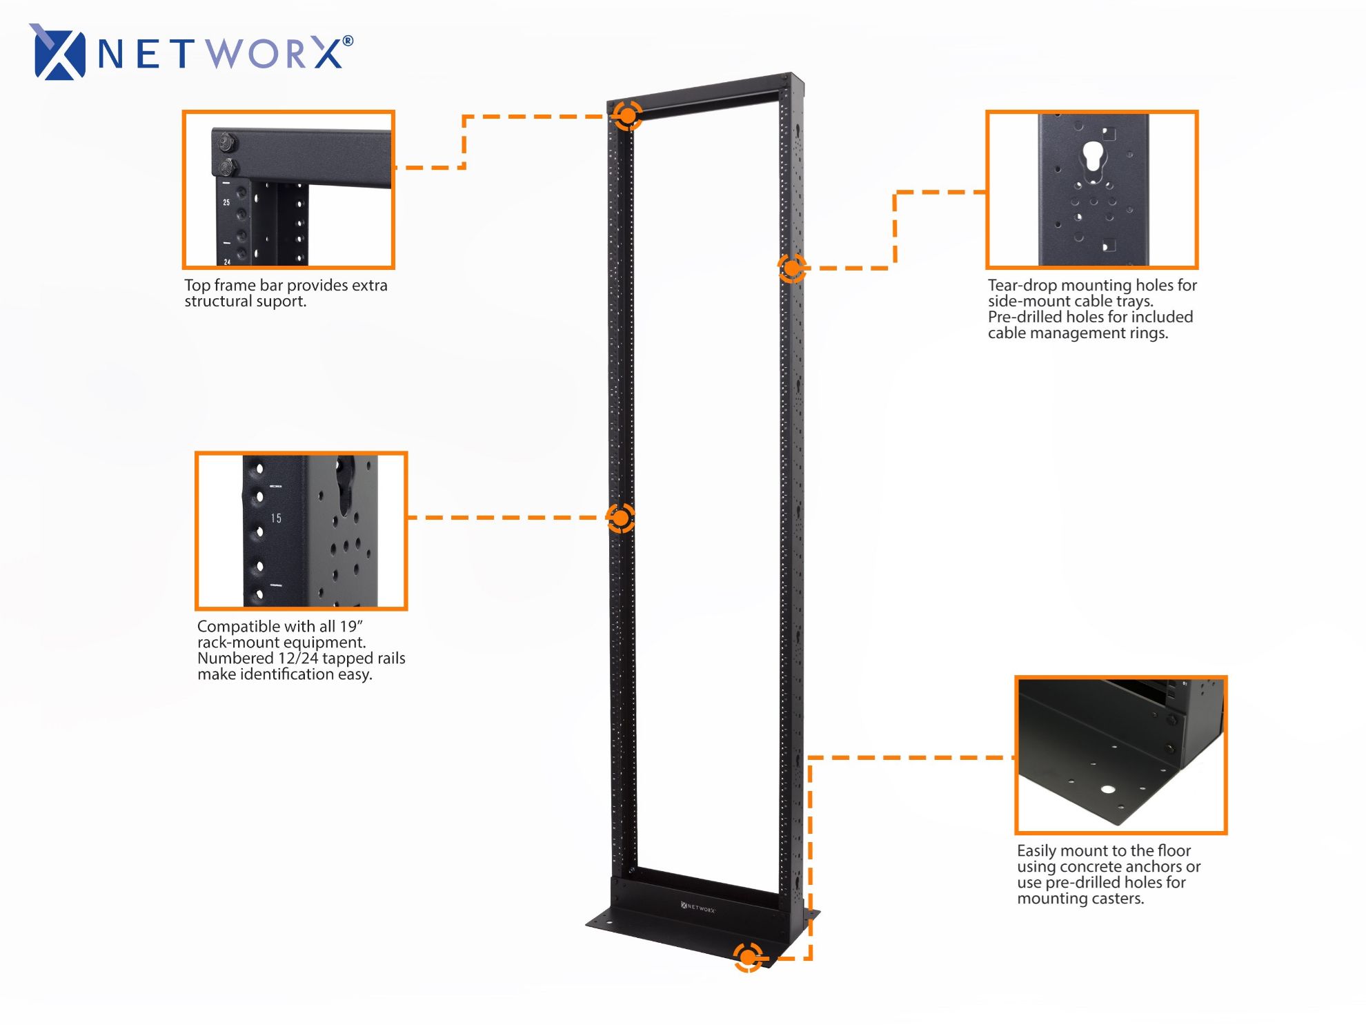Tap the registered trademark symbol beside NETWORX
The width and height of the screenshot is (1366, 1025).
point(348,41)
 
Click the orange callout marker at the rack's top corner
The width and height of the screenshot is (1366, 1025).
point(627,115)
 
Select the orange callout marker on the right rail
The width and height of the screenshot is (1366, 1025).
point(792,267)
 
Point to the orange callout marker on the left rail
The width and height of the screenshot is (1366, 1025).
point(620,518)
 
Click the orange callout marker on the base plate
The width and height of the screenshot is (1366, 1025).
point(748,957)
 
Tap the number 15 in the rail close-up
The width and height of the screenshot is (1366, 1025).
point(276,518)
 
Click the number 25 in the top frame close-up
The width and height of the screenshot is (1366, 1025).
point(226,202)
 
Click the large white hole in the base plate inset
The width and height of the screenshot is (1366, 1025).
point(1108,789)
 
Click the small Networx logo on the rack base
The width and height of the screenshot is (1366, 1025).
point(697,906)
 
